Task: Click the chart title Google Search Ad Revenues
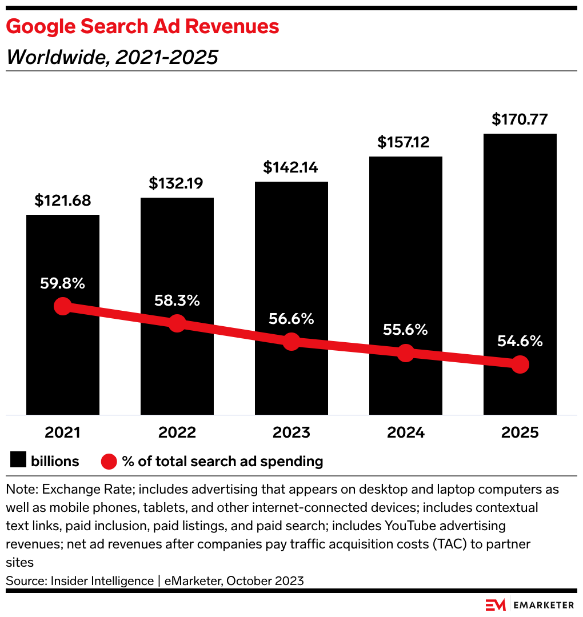point(142,27)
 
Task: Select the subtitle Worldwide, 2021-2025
point(112,57)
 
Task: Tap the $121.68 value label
point(63,201)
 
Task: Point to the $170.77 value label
point(520,120)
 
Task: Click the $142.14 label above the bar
point(291,167)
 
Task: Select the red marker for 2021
point(63,306)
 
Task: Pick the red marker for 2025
point(520,364)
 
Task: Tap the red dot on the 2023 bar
point(291,342)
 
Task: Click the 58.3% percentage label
point(177,301)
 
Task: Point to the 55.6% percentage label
point(406,330)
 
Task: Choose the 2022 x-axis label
point(177,432)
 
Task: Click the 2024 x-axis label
point(406,432)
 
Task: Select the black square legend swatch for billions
point(18,461)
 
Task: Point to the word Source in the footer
point(23,581)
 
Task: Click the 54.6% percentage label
point(520,342)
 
